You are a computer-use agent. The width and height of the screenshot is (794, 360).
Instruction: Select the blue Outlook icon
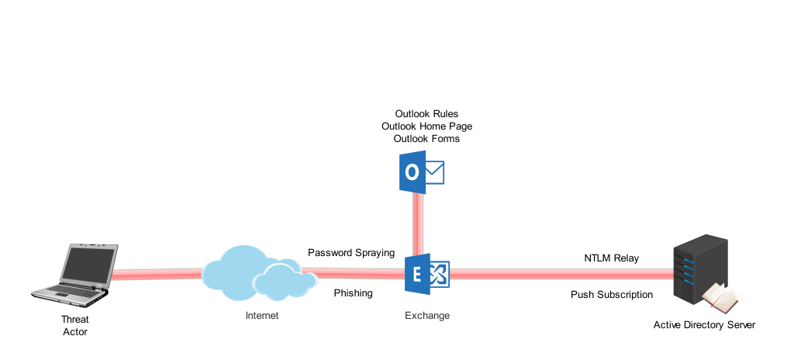pyautogui.click(x=420, y=172)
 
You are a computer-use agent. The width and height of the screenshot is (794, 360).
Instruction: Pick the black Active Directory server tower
pyautogui.click(x=697, y=268)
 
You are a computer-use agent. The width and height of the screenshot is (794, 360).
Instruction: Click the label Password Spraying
pyautogui.click(x=351, y=253)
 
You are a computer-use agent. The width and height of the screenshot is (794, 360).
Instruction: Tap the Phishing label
pyautogui.click(x=353, y=293)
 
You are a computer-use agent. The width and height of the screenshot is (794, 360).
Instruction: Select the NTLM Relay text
pyautogui.click(x=611, y=258)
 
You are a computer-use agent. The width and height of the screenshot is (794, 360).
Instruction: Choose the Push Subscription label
pyautogui.click(x=612, y=295)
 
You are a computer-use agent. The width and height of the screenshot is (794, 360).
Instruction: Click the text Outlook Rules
pyautogui.click(x=426, y=114)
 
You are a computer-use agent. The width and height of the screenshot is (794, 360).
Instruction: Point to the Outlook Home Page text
pyautogui.click(x=426, y=126)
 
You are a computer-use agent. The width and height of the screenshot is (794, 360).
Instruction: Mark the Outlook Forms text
pyautogui.click(x=426, y=139)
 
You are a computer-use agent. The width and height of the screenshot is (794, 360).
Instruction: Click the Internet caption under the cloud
pyautogui.click(x=261, y=316)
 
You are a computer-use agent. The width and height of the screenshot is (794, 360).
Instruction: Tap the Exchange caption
pyautogui.click(x=427, y=316)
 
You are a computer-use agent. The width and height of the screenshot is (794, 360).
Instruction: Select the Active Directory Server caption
pyautogui.click(x=703, y=325)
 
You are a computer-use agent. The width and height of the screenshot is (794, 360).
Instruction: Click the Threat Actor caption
pyautogui.click(x=75, y=326)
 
